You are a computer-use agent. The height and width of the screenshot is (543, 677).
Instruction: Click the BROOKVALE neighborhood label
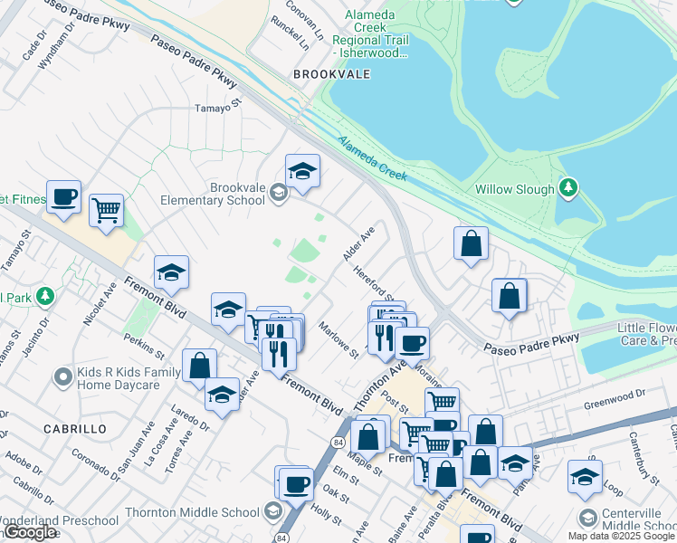331,74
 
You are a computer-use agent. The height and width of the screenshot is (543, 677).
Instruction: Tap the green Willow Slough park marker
567,188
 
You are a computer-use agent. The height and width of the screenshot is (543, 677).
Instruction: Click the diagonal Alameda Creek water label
374,157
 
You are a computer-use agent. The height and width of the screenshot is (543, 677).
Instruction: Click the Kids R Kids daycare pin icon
62,375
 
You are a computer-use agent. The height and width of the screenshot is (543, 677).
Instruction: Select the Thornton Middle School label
192,512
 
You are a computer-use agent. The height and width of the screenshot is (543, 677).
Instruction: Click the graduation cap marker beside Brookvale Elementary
302,170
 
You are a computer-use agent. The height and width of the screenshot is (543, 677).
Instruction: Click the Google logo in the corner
30,532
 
